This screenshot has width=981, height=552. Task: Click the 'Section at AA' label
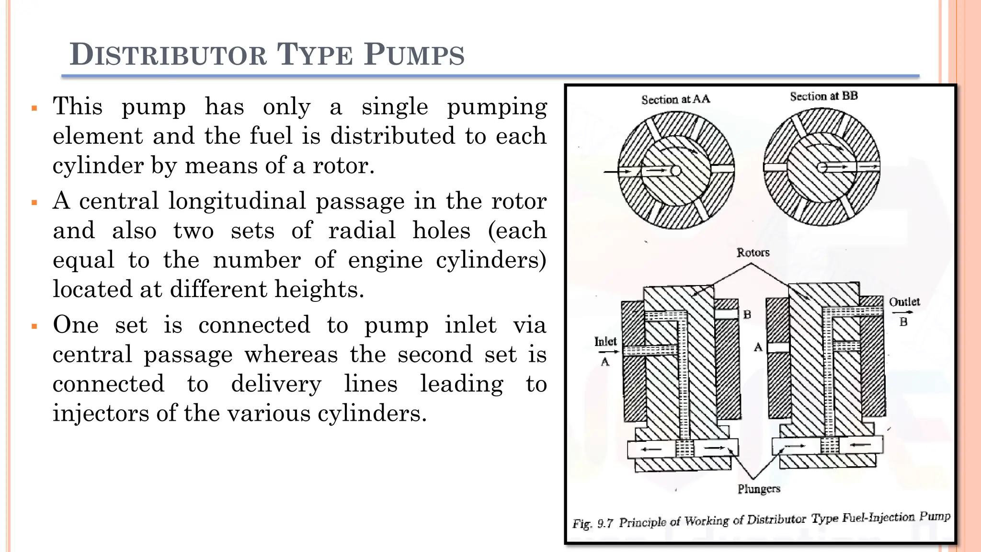675,99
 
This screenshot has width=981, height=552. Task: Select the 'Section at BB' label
823,96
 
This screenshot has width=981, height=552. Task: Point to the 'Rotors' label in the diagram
753,253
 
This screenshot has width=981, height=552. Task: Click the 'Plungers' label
759,489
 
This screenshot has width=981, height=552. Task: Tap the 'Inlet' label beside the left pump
605,342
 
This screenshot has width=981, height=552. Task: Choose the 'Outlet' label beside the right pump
904,302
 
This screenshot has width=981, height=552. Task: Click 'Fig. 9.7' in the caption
593,523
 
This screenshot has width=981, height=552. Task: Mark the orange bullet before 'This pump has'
34,108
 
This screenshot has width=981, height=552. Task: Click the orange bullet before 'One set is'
34,327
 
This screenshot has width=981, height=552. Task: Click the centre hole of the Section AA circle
675,171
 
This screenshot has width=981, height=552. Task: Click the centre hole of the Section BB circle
821,167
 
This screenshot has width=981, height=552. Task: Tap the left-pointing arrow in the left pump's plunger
651,449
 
